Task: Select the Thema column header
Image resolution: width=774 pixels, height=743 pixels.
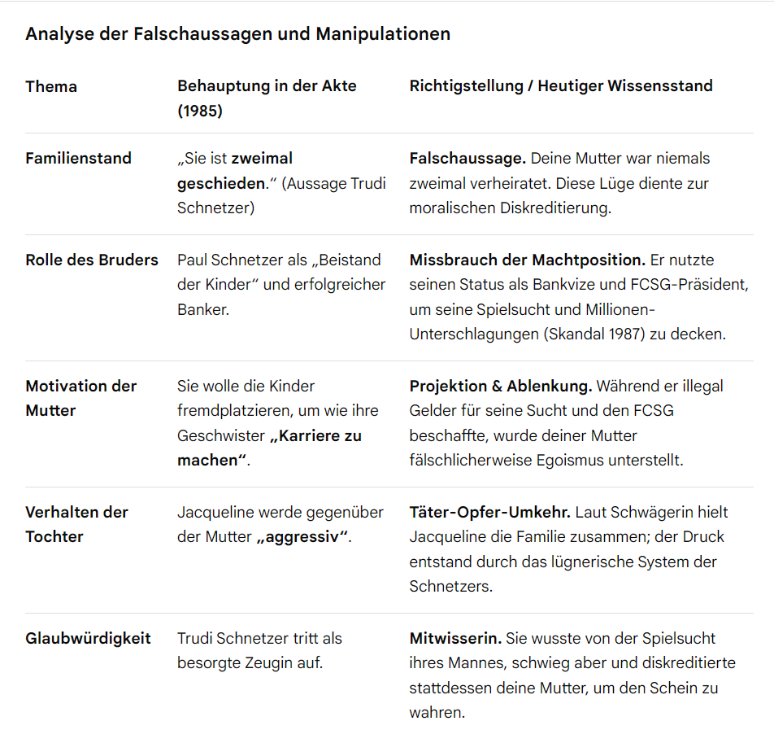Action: tap(51, 86)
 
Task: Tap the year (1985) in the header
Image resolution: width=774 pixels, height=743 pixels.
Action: tap(200, 111)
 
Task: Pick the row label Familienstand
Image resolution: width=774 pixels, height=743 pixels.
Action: tap(78, 158)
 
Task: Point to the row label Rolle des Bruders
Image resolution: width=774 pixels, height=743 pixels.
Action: tap(92, 260)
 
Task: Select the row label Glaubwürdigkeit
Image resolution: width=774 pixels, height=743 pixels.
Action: tap(88, 638)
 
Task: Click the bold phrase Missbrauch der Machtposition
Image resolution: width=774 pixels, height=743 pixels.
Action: tap(527, 260)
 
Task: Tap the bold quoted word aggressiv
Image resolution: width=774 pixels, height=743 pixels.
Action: tap(302, 537)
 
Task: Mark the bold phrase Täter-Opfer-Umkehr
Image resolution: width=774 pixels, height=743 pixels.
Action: tap(490, 512)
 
